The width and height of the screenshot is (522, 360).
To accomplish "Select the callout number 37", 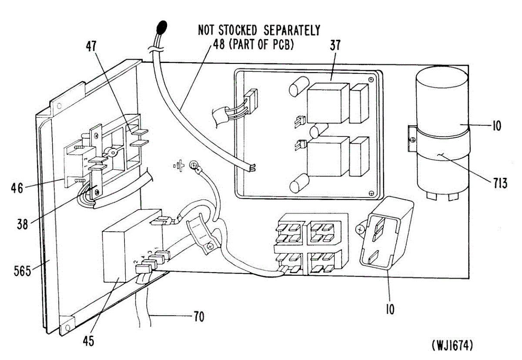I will point(335,45).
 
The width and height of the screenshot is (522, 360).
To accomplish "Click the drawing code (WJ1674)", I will point(452,345).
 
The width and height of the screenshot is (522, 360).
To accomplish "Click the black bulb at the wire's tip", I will point(162,27).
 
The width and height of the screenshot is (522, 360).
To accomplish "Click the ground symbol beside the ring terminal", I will point(179,166).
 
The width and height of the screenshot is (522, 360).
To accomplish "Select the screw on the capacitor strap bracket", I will point(413,140).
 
